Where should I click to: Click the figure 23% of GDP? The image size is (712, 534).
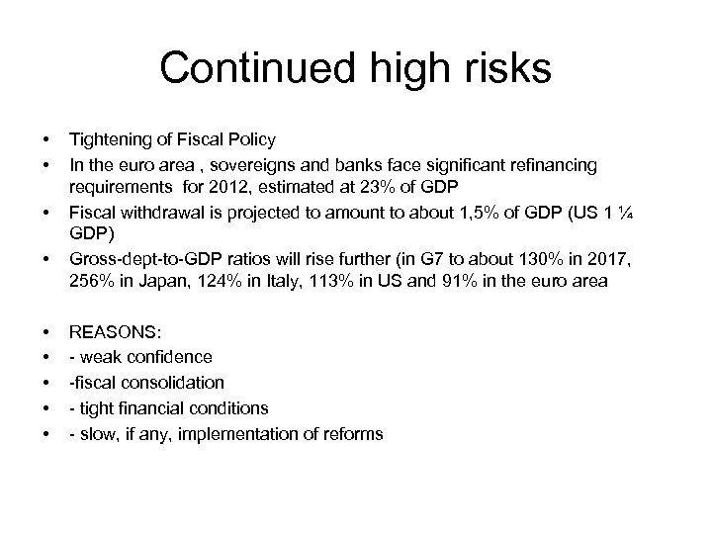(x=395, y=185)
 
